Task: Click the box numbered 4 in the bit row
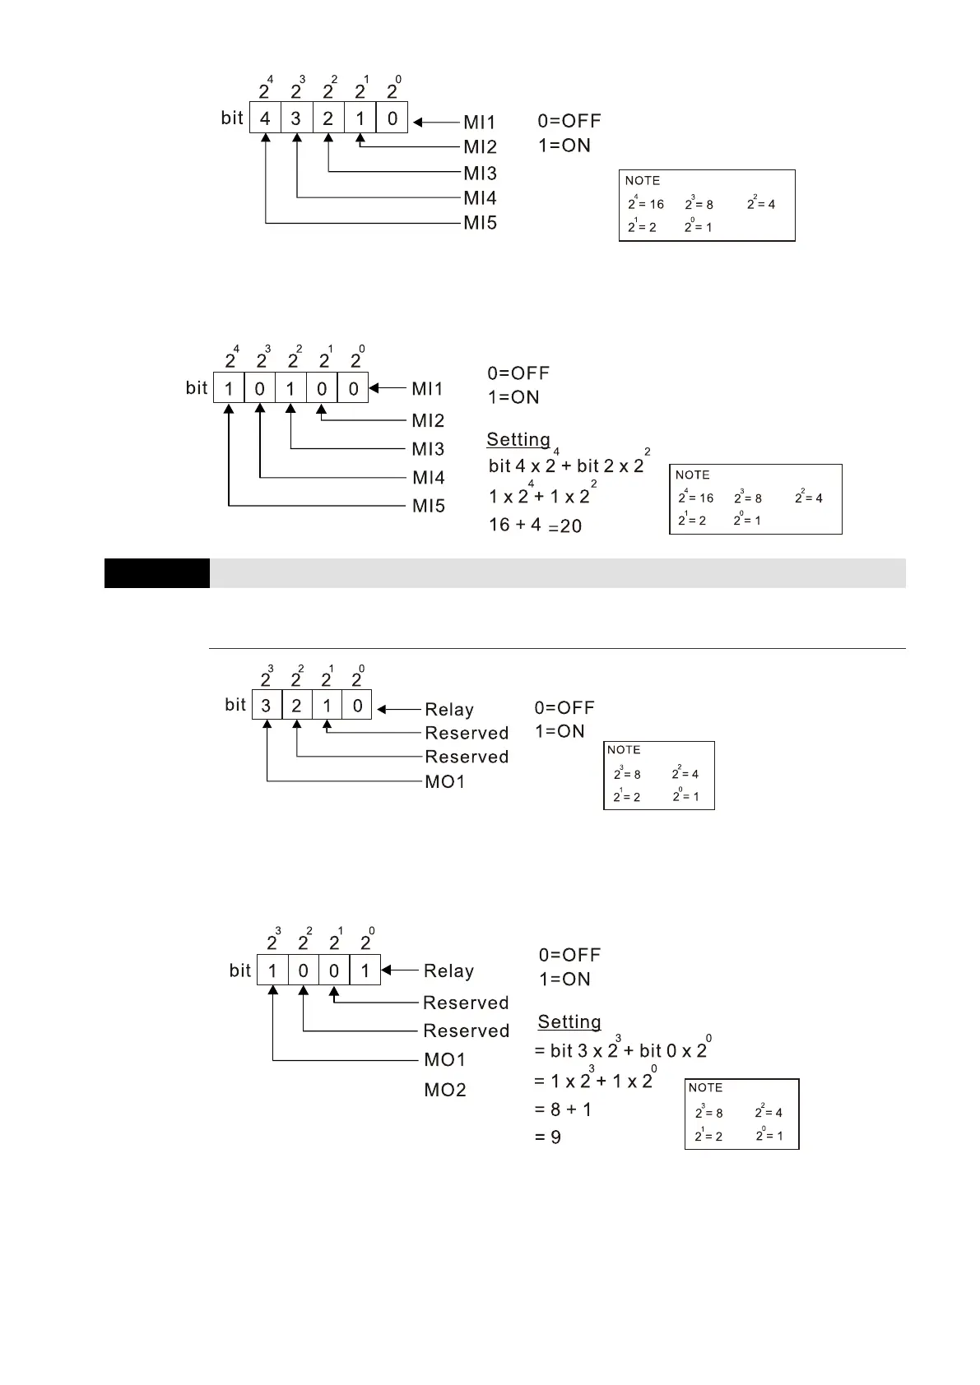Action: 265,118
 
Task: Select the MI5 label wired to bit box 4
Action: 480,223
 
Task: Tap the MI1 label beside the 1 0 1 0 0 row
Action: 428,388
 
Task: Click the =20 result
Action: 565,526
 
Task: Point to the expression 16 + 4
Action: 514,525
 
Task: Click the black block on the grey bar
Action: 157,573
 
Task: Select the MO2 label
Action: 445,1090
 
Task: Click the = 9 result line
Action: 548,1137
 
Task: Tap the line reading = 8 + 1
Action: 563,1109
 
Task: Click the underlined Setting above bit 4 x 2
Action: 518,439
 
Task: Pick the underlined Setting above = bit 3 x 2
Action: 569,1021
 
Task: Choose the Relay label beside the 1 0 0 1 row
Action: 448,970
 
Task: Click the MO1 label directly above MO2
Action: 445,1059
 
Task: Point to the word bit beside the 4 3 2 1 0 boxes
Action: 232,118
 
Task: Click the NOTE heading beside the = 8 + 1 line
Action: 705,1087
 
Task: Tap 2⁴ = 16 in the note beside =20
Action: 695,498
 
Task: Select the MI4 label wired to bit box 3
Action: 480,198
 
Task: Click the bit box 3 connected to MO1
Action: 266,705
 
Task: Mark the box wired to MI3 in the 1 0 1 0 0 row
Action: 290,388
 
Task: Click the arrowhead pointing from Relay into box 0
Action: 382,709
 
